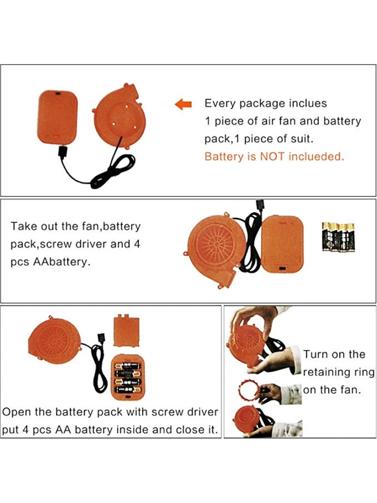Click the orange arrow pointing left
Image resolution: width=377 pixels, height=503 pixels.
point(184,104)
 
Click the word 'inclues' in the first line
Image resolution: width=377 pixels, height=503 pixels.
point(308,103)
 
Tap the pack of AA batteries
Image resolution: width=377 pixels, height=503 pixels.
point(338,237)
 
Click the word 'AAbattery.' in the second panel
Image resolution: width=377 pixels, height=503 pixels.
point(62,262)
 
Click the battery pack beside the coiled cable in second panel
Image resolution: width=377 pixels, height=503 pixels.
point(282,243)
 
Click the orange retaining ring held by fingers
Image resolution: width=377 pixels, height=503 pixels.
point(249,391)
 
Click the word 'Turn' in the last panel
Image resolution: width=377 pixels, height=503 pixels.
point(316,354)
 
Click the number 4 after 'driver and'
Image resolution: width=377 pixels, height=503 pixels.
point(136,244)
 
